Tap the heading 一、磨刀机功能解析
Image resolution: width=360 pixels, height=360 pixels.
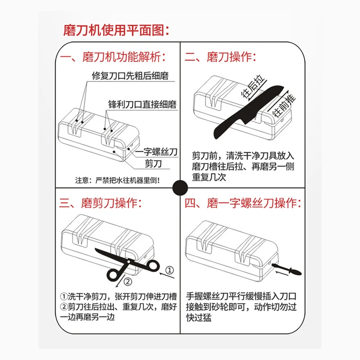click(113, 58)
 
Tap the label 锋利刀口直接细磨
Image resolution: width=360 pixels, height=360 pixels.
click(142, 104)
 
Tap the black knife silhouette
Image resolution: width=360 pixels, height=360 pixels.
click(243, 112)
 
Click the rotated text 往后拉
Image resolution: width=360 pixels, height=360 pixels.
click(252, 88)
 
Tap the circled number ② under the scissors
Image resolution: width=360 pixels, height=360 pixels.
click(127, 283)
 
